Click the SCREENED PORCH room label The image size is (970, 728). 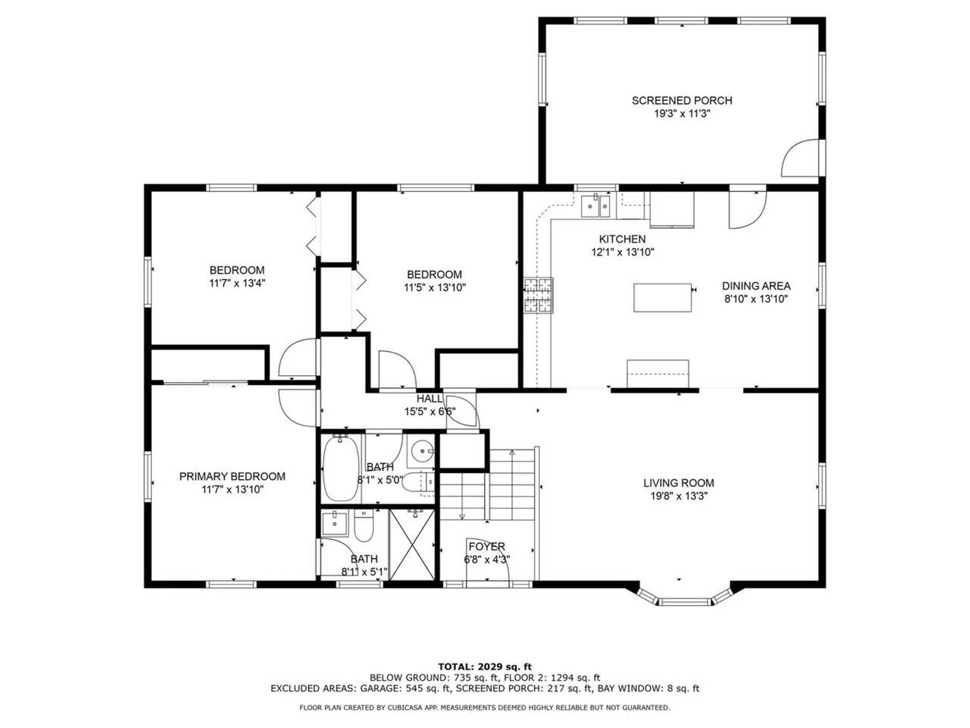coord(682,101)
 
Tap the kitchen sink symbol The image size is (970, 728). coord(596,206)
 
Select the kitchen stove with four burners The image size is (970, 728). coord(538,295)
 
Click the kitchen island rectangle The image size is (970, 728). coord(662,298)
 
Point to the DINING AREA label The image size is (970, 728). coord(756,286)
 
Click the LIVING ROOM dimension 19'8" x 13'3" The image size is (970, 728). coord(678,496)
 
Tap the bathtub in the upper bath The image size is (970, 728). coord(341,468)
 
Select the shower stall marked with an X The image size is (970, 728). coord(412,545)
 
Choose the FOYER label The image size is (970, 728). coord(487,547)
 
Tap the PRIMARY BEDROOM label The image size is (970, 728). coord(232,476)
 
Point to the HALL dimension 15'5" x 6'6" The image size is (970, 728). coord(429,412)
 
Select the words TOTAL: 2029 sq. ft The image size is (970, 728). coord(484,667)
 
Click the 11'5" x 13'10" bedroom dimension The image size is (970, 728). coord(434,288)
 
